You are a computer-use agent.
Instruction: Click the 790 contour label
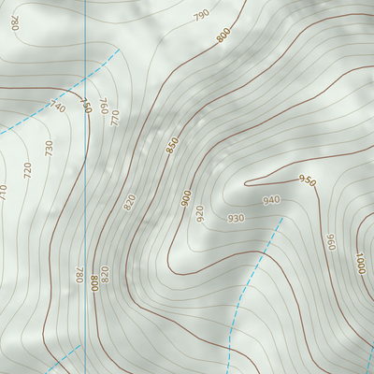[x=201, y=16]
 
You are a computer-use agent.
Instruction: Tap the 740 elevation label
[x=57, y=107]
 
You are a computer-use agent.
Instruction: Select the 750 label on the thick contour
[x=85, y=107]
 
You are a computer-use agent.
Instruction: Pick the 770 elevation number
[x=115, y=118]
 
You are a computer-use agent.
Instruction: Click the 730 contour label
[x=49, y=147]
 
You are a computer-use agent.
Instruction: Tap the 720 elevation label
[x=27, y=169]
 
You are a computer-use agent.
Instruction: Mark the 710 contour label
[x=3, y=191]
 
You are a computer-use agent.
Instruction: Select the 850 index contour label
[x=172, y=146]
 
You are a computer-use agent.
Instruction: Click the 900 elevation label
[x=186, y=197]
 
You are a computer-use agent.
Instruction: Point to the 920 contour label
[x=199, y=212]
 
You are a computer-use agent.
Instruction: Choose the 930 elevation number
[x=236, y=218]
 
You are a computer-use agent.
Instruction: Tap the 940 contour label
[x=271, y=200]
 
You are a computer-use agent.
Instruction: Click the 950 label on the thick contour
[x=307, y=180]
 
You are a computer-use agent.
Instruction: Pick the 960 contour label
[x=330, y=241]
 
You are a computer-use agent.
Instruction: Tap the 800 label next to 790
[x=223, y=36]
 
